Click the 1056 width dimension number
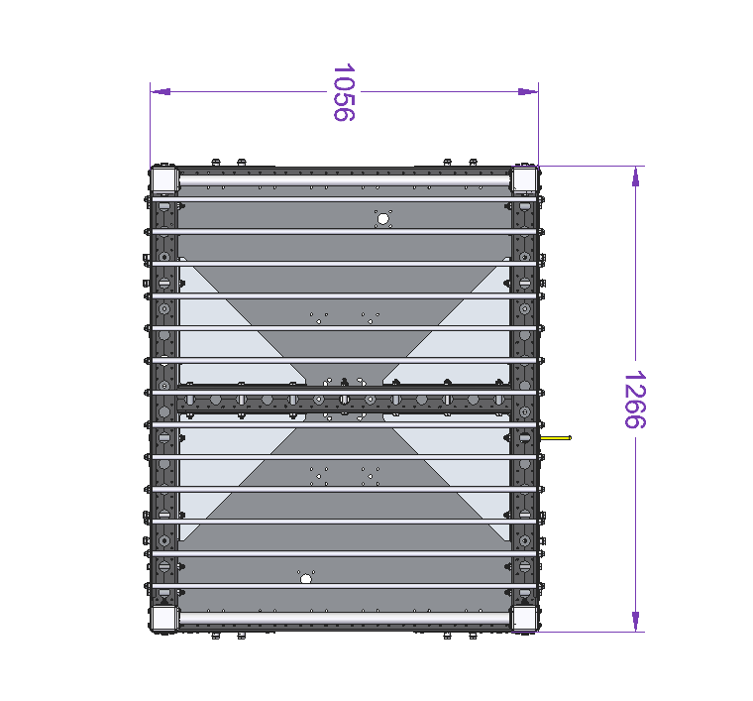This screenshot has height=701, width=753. click(x=344, y=92)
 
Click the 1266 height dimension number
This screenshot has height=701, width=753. click(x=635, y=400)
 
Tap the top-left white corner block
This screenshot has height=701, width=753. click(x=164, y=179)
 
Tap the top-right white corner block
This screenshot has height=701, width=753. click(x=524, y=179)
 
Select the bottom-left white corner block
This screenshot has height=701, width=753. click(x=164, y=618)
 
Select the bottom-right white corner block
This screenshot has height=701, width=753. click(x=524, y=618)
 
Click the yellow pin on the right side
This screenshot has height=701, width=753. click(x=556, y=437)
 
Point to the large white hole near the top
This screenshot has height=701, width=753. click(x=382, y=219)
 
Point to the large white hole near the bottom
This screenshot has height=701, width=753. click(x=306, y=579)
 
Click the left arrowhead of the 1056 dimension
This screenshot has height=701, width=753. click(x=161, y=92)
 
